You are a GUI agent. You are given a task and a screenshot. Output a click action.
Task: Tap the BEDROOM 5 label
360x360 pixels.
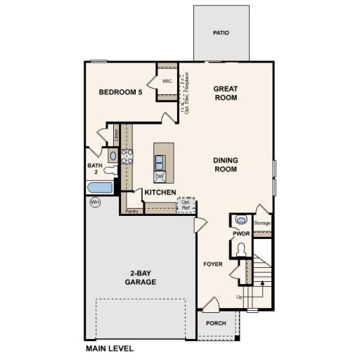coord(121,92)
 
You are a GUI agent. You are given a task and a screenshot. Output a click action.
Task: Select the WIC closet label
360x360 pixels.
coord(167,82)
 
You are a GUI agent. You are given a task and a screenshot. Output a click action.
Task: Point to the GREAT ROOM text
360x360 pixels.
coord(225,93)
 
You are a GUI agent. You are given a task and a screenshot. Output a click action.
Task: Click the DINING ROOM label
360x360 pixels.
coord(226,165)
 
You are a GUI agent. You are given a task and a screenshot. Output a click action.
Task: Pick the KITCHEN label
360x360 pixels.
coord(160,192)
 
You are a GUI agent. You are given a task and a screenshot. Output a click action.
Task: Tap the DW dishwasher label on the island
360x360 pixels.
coord(160,176)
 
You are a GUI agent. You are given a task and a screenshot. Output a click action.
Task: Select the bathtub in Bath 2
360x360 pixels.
coord(98,188)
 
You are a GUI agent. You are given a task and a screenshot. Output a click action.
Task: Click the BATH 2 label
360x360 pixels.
coord(94,169)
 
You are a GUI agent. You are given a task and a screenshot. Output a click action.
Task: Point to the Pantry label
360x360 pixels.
coord(131,210)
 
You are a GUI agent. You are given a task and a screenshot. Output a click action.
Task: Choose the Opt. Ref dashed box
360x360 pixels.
coord(186,204)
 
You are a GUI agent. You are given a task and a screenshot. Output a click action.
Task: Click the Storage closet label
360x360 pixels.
coord(262,223)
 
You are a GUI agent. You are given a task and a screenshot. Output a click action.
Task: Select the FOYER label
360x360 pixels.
coord(213,265)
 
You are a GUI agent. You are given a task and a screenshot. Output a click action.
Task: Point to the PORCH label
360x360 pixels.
coord(216,324)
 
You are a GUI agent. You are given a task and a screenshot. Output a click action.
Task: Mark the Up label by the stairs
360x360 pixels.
coord(240,296)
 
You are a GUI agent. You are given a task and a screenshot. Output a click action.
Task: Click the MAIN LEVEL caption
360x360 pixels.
coord(109,348)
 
